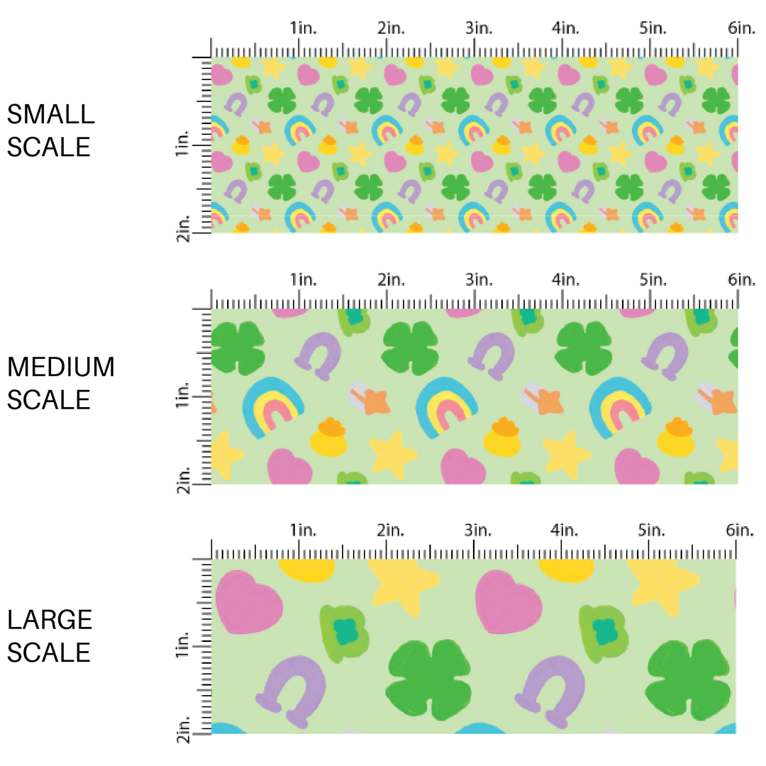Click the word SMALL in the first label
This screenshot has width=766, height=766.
click(50, 114)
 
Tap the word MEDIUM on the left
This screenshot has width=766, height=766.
click(60, 367)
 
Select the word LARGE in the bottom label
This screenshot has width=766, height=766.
click(50, 620)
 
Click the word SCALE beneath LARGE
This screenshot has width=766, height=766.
click(50, 652)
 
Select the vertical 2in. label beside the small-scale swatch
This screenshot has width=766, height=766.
click(183, 229)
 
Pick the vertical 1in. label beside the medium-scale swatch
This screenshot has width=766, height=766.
click(183, 398)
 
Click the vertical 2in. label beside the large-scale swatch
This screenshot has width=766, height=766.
click(183, 730)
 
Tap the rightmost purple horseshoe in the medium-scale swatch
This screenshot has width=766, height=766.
click(667, 355)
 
